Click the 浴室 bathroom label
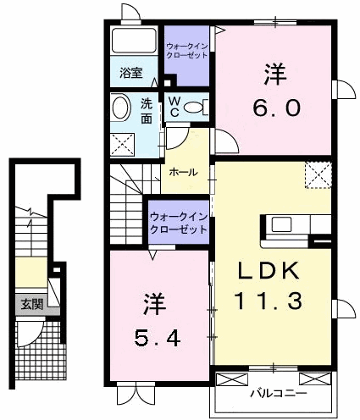click(131, 73)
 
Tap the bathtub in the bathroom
click(134, 40)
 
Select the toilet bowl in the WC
click(193, 108)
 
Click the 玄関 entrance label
click(32, 304)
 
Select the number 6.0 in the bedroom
click(276, 108)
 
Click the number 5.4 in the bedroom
click(158, 339)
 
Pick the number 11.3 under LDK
click(269, 301)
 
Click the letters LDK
click(269, 270)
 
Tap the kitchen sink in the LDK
click(281, 224)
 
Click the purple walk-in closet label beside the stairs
click(179, 224)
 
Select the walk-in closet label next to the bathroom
click(187, 51)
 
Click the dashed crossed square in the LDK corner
click(318, 174)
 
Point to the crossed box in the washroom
click(123, 144)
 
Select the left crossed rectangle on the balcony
click(232, 379)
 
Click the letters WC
click(175, 107)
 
